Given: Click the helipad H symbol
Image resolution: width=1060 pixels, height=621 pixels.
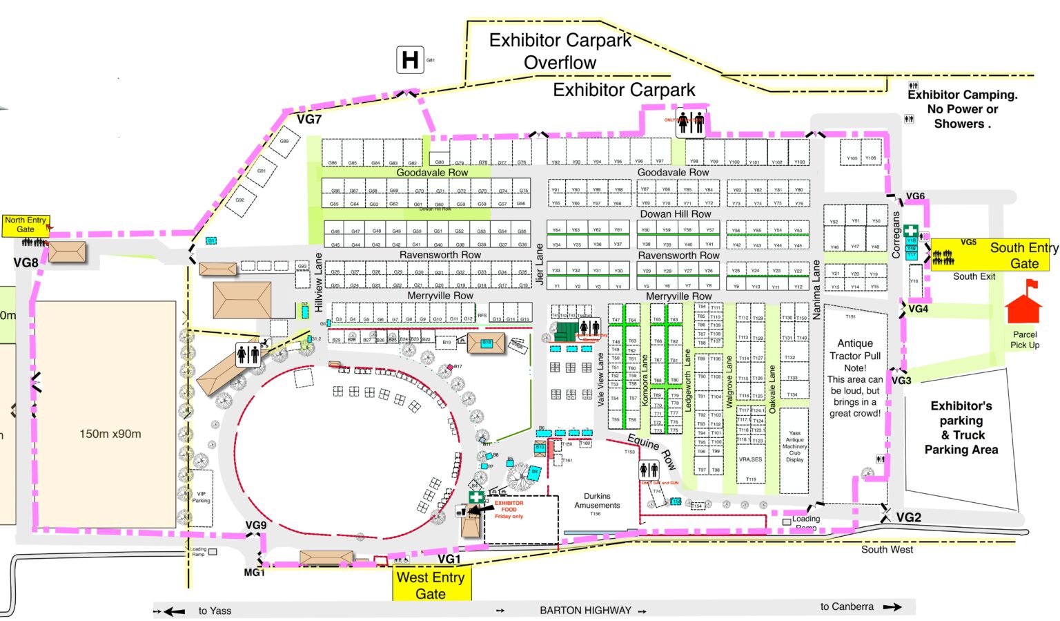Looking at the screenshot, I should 410,60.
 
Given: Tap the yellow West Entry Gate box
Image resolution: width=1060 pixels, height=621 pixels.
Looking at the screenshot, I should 431,585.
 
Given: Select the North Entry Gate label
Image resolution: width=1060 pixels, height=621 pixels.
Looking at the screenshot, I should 26,224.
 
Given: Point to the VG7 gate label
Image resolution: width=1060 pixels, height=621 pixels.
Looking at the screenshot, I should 309,120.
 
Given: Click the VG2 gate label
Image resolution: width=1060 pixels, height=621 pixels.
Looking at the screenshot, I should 908,517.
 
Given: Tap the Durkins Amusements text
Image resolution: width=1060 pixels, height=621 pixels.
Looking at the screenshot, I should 597,501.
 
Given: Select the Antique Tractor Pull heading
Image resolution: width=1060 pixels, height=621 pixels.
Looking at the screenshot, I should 855,350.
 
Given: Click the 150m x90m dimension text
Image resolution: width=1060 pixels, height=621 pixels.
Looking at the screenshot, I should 110,434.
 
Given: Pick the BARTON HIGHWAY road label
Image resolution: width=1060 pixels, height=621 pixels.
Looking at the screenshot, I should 585,611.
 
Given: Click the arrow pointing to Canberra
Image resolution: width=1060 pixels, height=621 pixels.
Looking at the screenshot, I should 892,607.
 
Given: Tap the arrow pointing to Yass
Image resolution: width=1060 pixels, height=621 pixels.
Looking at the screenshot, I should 174,611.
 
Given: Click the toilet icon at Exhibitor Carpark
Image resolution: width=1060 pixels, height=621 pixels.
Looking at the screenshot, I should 690,124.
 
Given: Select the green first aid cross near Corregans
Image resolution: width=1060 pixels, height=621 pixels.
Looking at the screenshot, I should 911,231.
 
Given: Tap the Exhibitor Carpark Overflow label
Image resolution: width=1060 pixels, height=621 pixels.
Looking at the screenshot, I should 560,52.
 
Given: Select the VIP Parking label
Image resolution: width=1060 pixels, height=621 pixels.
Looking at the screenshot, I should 202,497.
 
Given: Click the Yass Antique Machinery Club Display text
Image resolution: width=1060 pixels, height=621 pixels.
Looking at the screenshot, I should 794,446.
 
